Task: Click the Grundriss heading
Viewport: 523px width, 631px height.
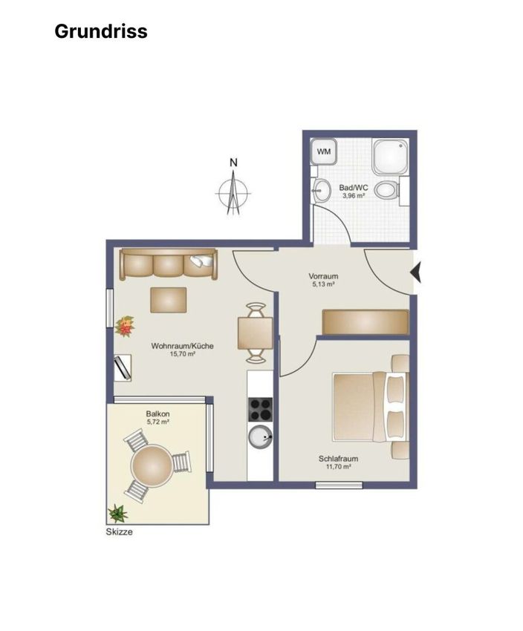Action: coord(101,31)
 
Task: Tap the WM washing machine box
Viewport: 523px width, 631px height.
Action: coord(324,151)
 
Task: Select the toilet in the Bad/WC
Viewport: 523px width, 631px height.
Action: coord(386,189)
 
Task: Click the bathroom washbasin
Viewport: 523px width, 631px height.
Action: coord(320,190)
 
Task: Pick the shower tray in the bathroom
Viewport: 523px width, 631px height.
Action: coord(390,157)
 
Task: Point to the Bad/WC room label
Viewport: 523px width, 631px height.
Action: coord(354,188)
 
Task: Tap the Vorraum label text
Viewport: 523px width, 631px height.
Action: coord(323,276)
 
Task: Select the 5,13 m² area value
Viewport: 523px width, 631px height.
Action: coord(324,284)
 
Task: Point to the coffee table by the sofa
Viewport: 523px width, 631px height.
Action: coord(169,300)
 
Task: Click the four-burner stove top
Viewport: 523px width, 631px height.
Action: coord(260,409)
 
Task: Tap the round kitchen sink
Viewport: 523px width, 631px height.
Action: coord(261,437)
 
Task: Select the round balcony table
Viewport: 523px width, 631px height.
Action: coord(152,466)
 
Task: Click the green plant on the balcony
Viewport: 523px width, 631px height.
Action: coord(117,513)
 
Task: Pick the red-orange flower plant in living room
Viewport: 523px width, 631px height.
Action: coord(125,326)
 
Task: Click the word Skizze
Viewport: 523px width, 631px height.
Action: coord(119,532)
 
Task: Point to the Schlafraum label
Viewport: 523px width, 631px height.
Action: coord(338,458)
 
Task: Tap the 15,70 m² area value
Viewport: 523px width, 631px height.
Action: coord(183,354)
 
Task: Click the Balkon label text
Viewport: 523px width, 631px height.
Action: coord(157,413)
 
